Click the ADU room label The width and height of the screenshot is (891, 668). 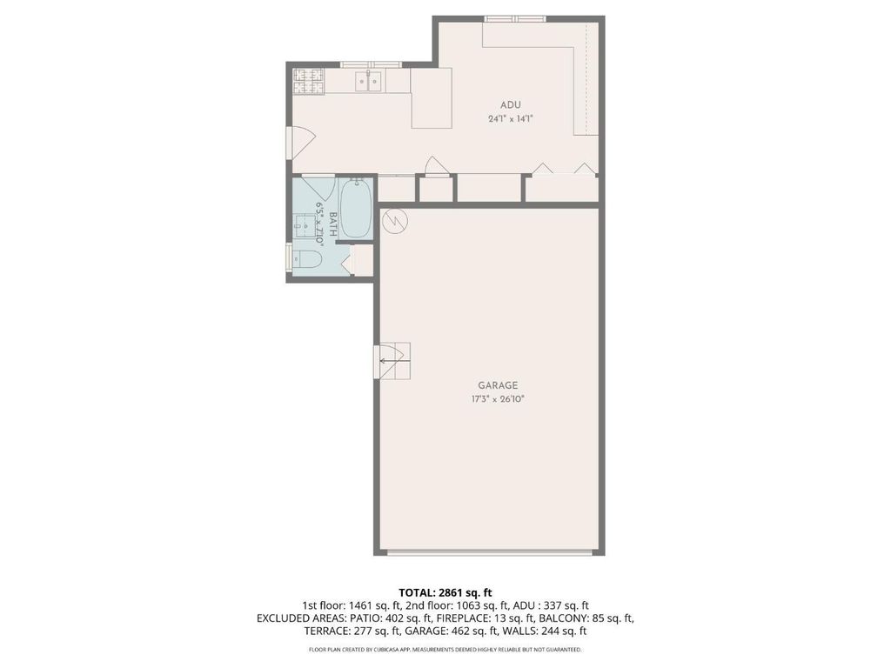[510, 105]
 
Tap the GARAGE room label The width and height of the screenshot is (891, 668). [498, 385]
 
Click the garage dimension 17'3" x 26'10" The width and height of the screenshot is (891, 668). [497, 398]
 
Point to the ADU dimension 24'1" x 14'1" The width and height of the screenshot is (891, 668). [510, 118]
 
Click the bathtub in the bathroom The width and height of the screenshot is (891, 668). [356, 209]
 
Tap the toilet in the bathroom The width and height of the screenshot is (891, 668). [307, 260]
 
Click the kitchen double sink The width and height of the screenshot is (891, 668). [369, 81]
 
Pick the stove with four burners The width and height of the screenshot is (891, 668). [309, 81]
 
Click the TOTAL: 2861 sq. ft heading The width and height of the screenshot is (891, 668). [445, 593]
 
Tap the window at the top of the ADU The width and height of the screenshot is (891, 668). [515, 19]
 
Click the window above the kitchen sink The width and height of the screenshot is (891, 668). [371, 64]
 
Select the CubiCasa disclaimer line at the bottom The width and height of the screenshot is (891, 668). [445, 649]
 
